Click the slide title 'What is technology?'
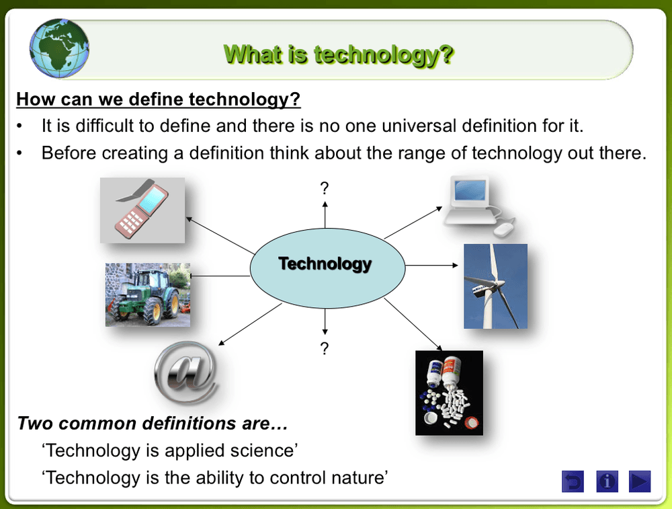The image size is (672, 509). [338, 54]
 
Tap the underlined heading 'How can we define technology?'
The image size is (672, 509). [159, 100]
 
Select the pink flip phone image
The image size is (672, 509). [142, 210]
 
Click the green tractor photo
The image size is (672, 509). [148, 295]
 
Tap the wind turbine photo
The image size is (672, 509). [495, 286]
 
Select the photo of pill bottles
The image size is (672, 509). [449, 393]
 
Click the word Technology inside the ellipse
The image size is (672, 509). [325, 264]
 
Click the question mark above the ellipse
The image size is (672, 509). [325, 188]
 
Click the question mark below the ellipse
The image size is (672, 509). [325, 348]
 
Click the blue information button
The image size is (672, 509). [607, 481]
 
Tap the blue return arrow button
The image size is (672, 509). [573, 481]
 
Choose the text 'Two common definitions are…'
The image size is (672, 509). [153, 424]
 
